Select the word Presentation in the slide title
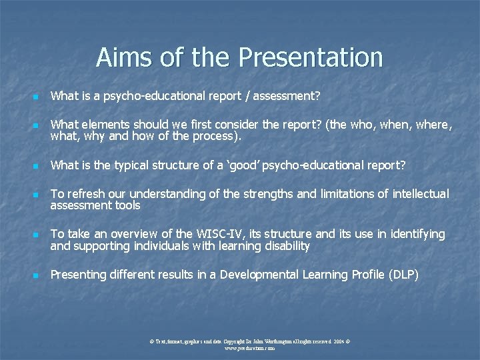pos(310,57)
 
